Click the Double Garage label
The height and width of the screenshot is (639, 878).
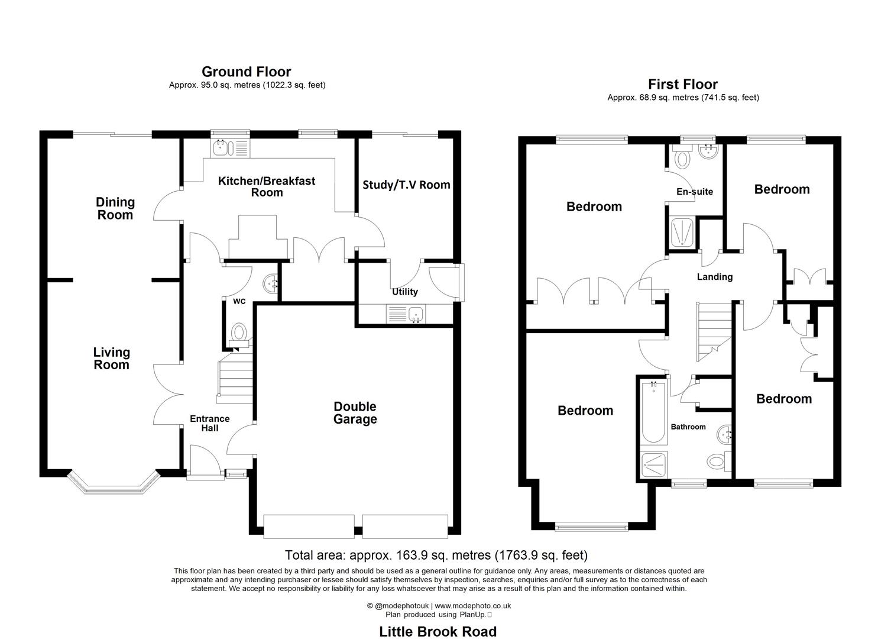[x=355, y=413]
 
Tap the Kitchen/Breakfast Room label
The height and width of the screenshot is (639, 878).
[x=267, y=186]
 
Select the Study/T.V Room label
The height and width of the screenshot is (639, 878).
[x=406, y=185]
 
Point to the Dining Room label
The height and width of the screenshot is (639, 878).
[x=115, y=208]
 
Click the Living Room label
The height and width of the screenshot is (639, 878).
[x=111, y=359]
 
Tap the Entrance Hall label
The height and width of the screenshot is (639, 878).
[x=209, y=424]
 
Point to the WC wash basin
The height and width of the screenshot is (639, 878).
[x=271, y=283]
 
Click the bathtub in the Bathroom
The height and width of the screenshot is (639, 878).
[x=653, y=413]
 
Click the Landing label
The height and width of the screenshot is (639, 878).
[x=714, y=277]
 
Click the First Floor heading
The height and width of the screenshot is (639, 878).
[x=682, y=84]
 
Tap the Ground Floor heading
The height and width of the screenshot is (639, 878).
[x=246, y=72]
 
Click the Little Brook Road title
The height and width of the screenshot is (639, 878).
[x=438, y=631]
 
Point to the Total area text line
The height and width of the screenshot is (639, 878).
[x=436, y=555]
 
